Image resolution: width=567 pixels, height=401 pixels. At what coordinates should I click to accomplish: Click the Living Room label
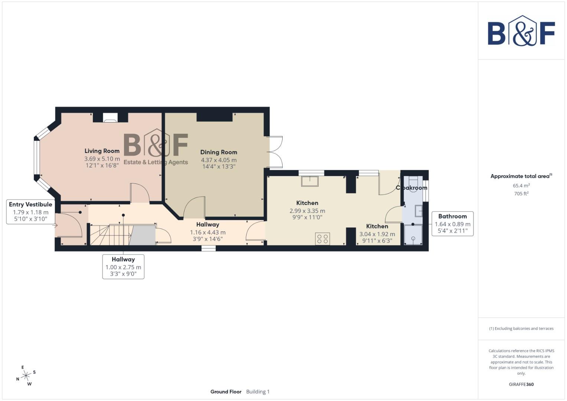click(102, 151)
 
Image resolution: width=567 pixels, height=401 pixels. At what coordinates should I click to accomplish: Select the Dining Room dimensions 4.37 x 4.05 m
click(219, 160)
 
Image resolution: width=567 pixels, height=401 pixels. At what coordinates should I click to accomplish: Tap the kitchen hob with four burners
click(322, 239)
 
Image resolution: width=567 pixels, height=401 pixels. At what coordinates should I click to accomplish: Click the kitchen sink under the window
click(310, 181)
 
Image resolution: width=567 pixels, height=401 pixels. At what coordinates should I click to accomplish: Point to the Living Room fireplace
click(110, 118)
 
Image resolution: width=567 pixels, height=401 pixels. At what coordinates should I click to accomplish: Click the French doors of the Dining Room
click(275, 152)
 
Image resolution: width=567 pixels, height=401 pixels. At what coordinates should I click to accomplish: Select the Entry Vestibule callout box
click(30, 212)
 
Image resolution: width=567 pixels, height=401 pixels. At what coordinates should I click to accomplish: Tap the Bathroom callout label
click(452, 216)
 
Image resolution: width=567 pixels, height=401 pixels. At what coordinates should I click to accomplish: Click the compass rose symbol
click(26, 376)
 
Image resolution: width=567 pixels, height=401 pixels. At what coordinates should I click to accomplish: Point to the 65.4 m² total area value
click(521, 185)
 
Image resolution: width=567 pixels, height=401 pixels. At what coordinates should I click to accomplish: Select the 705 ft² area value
click(521, 193)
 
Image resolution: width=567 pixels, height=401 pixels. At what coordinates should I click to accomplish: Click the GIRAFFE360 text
click(521, 384)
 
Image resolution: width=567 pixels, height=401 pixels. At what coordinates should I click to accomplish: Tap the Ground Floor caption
click(226, 392)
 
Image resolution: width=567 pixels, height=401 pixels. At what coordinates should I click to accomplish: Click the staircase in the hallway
click(110, 235)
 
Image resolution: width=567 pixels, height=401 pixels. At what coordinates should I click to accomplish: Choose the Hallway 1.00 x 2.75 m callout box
click(123, 267)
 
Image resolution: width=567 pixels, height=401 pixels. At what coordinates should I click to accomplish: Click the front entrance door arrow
click(56, 225)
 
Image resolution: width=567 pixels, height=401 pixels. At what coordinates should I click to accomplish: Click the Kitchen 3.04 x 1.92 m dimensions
click(377, 234)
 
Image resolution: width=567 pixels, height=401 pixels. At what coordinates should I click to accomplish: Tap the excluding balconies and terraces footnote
click(521, 329)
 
